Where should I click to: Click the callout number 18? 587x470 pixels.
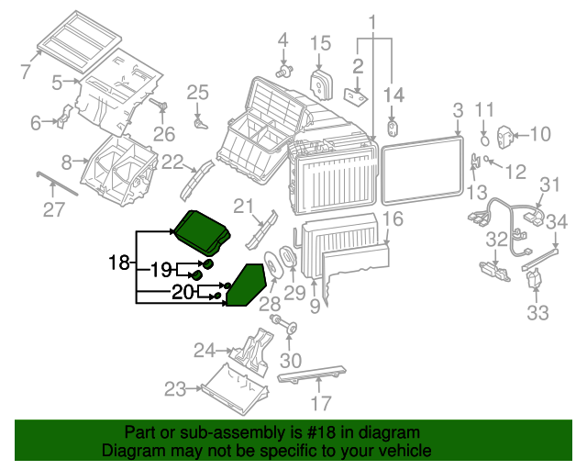(x=118, y=263)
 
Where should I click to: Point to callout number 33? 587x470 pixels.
(x=537, y=312)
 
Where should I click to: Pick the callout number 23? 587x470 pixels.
(x=175, y=389)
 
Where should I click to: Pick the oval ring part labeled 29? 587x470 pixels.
(x=286, y=259)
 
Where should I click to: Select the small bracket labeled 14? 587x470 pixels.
(x=393, y=127)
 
